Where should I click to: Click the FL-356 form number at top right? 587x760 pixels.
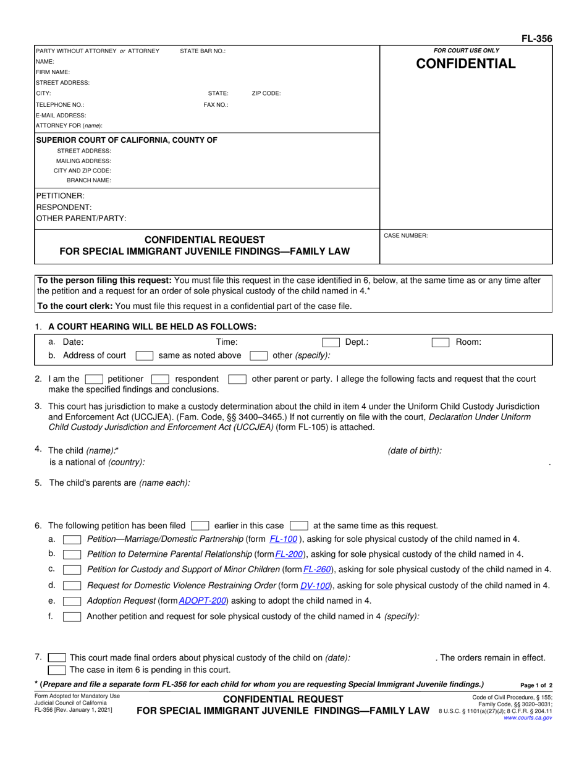(x=536, y=39)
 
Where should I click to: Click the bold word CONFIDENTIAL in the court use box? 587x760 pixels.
(x=467, y=64)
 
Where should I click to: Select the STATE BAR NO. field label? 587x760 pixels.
(x=203, y=51)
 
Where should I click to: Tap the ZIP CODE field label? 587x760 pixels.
(x=266, y=93)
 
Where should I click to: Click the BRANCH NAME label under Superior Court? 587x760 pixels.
(x=89, y=180)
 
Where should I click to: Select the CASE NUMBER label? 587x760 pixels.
(x=406, y=235)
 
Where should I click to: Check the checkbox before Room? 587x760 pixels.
(x=440, y=342)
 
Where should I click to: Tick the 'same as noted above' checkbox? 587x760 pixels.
(x=144, y=355)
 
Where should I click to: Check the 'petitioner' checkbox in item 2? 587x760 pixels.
(x=94, y=379)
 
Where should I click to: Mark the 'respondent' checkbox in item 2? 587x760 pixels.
(x=160, y=379)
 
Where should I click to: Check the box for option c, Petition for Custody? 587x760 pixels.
(x=72, y=569)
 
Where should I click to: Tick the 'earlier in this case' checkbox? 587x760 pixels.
(x=200, y=526)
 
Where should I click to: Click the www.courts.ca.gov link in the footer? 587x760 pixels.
(x=528, y=718)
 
